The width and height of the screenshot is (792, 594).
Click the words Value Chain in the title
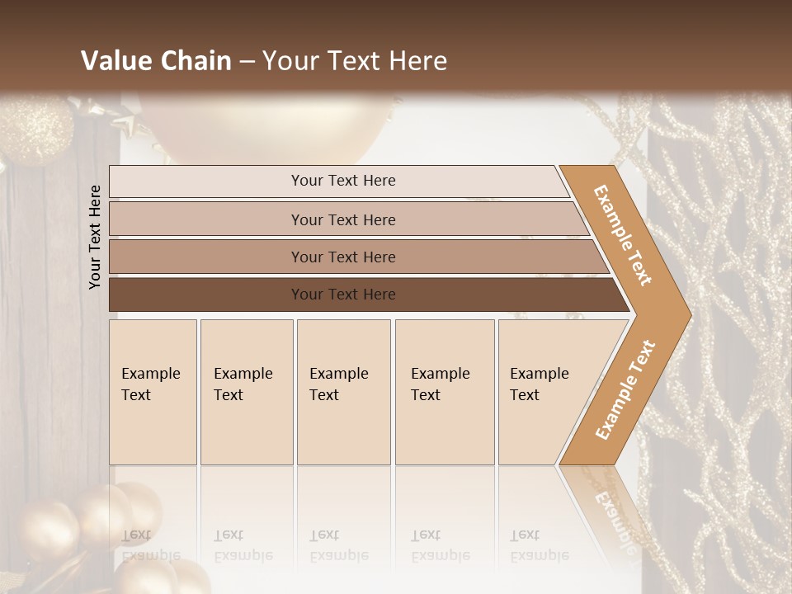(156, 61)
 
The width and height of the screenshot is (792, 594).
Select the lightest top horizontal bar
(338, 181)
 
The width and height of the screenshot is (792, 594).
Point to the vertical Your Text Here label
(95, 237)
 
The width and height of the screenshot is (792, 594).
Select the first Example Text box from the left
(153, 392)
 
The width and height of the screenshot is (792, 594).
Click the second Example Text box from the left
(247, 392)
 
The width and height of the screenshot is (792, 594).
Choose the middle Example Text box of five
(343, 392)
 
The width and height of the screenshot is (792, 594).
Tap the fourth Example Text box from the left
(445, 392)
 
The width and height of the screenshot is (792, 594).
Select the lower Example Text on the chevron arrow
(625, 389)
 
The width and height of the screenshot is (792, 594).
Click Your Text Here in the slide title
(355, 61)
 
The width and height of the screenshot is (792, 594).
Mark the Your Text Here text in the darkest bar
(343, 295)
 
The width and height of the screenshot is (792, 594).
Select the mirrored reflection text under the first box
(151, 546)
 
